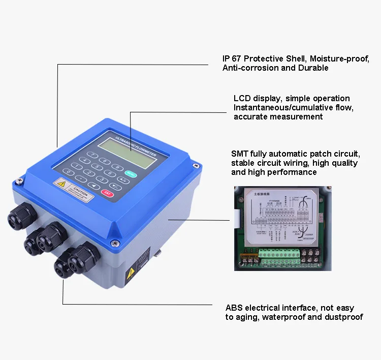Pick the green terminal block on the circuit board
pyautogui.click(x=277, y=253)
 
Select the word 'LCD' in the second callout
pyautogui.click(x=242, y=98)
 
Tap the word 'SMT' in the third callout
pyautogui.click(x=240, y=154)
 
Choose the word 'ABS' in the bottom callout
pyautogui.click(x=234, y=308)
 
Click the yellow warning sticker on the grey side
pyautogui.click(x=131, y=275)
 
